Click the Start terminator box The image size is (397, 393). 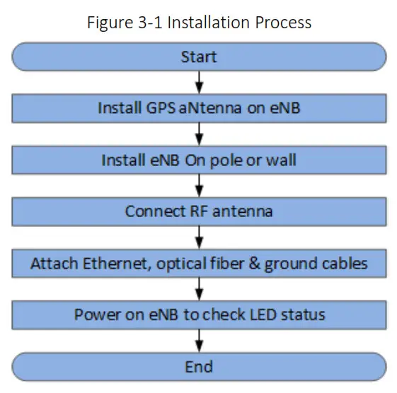click(x=198, y=56)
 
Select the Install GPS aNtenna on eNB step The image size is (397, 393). click(x=198, y=108)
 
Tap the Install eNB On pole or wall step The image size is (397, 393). click(x=198, y=160)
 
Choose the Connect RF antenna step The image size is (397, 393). click(x=198, y=211)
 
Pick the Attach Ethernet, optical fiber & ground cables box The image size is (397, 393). click(x=198, y=263)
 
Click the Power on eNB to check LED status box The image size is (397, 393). click(x=198, y=315)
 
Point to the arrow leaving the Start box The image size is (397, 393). click(x=199, y=82)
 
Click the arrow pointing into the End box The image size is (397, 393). click(x=199, y=340)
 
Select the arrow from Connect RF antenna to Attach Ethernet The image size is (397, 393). click(x=199, y=237)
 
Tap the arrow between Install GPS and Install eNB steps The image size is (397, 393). click(x=199, y=134)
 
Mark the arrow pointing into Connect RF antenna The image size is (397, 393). click(x=199, y=185)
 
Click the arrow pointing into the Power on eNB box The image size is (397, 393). click(x=199, y=288)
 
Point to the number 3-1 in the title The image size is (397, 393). click(x=152, y=22)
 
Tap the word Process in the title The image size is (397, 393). click(x=285, y=22)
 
